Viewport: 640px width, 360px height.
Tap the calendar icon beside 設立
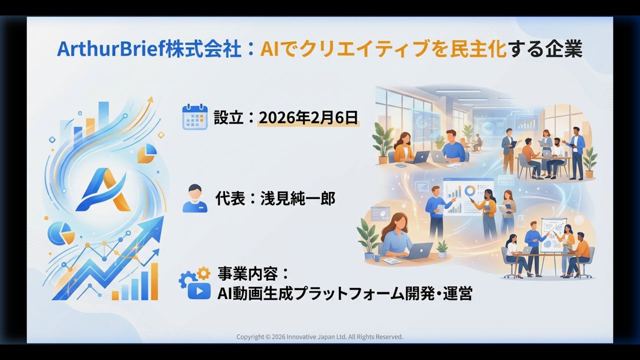coord(194,117)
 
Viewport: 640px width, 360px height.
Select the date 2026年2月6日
coord(308,117)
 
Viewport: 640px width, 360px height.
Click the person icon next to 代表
coord(194,198)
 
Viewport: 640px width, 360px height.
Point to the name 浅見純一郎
coord(297,198)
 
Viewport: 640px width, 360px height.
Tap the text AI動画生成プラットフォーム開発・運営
coord(344,293)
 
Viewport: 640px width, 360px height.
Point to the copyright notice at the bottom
coord(319,337)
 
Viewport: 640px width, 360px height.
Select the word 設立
coord(228,117)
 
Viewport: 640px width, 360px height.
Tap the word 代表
coord(230,198)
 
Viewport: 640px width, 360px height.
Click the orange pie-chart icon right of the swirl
coord(146,153)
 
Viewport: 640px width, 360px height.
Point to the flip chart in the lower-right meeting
coord(553,235)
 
